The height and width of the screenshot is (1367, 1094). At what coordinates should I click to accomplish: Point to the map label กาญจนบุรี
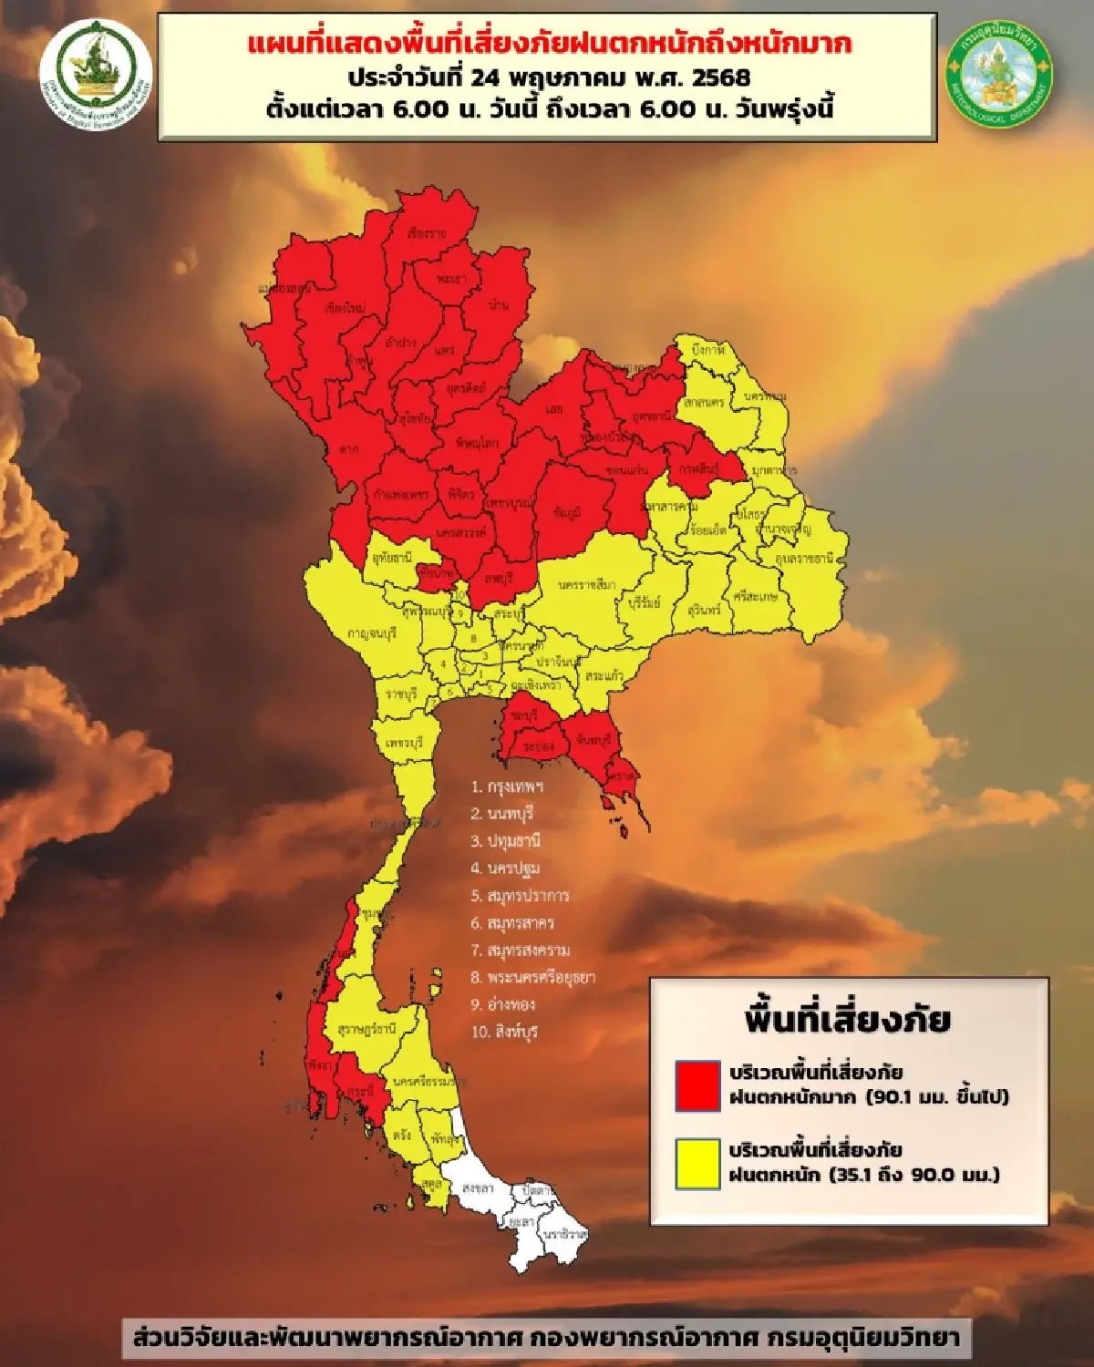pos(372,632)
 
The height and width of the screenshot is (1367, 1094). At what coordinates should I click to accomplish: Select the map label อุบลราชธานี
pos(805,558)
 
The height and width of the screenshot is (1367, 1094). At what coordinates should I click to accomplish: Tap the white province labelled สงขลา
pos(478,1189)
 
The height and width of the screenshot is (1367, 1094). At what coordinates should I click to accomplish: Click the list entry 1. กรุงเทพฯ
pos(507,786)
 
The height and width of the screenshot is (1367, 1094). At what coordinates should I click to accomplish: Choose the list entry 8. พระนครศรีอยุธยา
pos(532,977)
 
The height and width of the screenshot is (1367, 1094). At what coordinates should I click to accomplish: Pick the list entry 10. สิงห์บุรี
pos(504,1032)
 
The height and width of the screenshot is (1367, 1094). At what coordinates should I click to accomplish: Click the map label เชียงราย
pos(428,233)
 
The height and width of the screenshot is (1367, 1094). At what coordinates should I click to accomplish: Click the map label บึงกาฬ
pos(708,350)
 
